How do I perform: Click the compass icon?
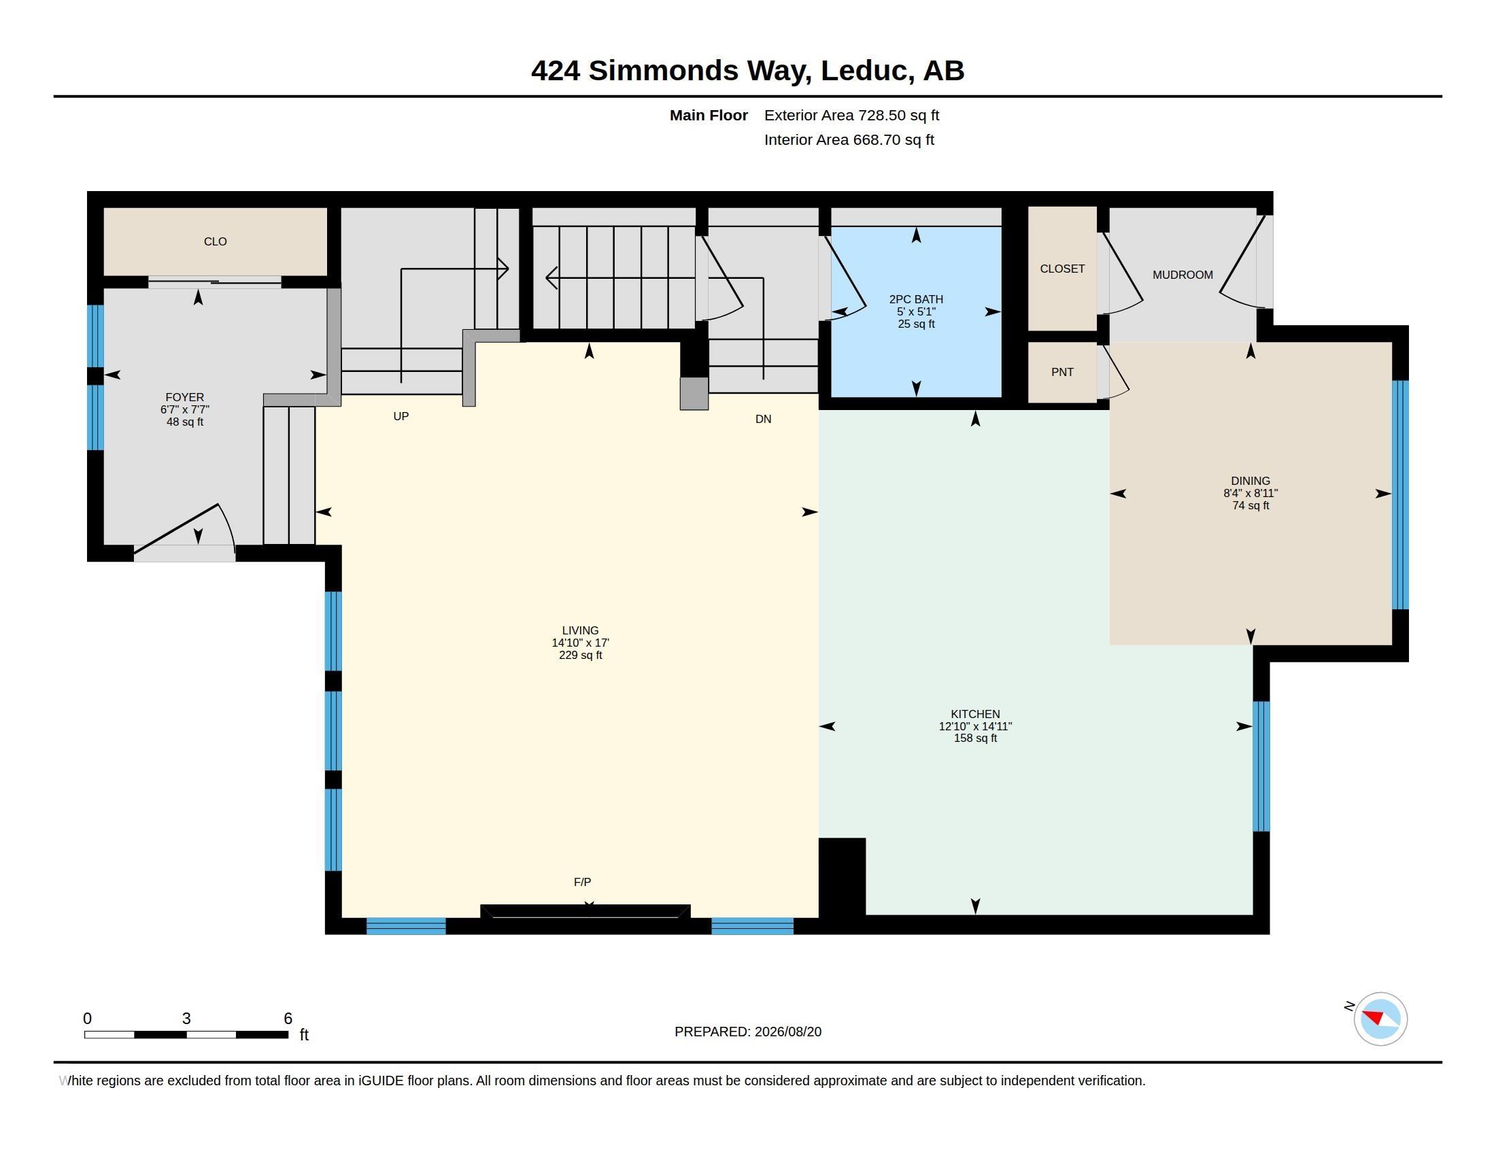pyautogui.click(x=1380, y=1019)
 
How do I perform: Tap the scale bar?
pyautogui.click(x=186, y=1034)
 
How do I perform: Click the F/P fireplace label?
pyautogui.click(x=582, y=882)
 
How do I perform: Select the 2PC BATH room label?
pyautogui.click(x=916, y=299)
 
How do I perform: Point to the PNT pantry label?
pyautogui.click(x=1062, y=372)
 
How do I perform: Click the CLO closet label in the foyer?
pyautogui.click(x=215, y=242)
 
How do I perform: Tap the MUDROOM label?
pyautogui.click(x=1183, y=275)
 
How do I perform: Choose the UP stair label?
pyautogui.click(x=401, y=416)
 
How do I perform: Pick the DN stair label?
pyautogui.click(x=763, y=419)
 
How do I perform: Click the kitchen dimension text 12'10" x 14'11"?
pyautogui.click(x=974, y=726)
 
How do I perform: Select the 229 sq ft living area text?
pyautogui.click(x=580, y=656)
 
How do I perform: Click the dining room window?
pyautogui.click(x=1401, y=494)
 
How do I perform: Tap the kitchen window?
pyautogui.click(x=1261, y=766)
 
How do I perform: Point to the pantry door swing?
pyautogui.click(x=1113, y=371)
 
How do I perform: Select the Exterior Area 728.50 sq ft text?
pyautogui.click(x=851, y=116)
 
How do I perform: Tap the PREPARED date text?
pyautogui.click(x=748, y=1032)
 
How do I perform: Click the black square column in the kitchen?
pyautogui.click(x=843, y=877)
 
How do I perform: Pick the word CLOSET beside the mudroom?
pyautogui.click(x=1061, y=269)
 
